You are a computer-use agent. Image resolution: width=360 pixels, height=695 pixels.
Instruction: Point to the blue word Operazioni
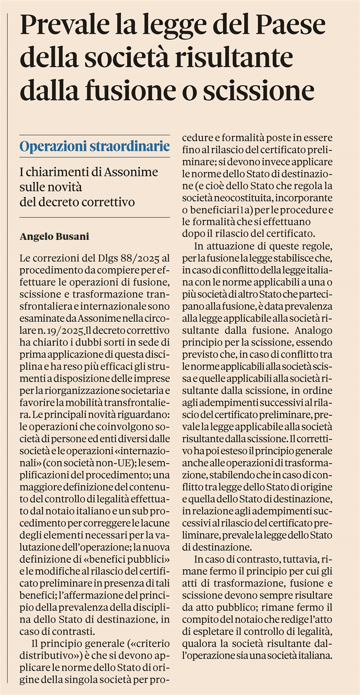tap(51, 147)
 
